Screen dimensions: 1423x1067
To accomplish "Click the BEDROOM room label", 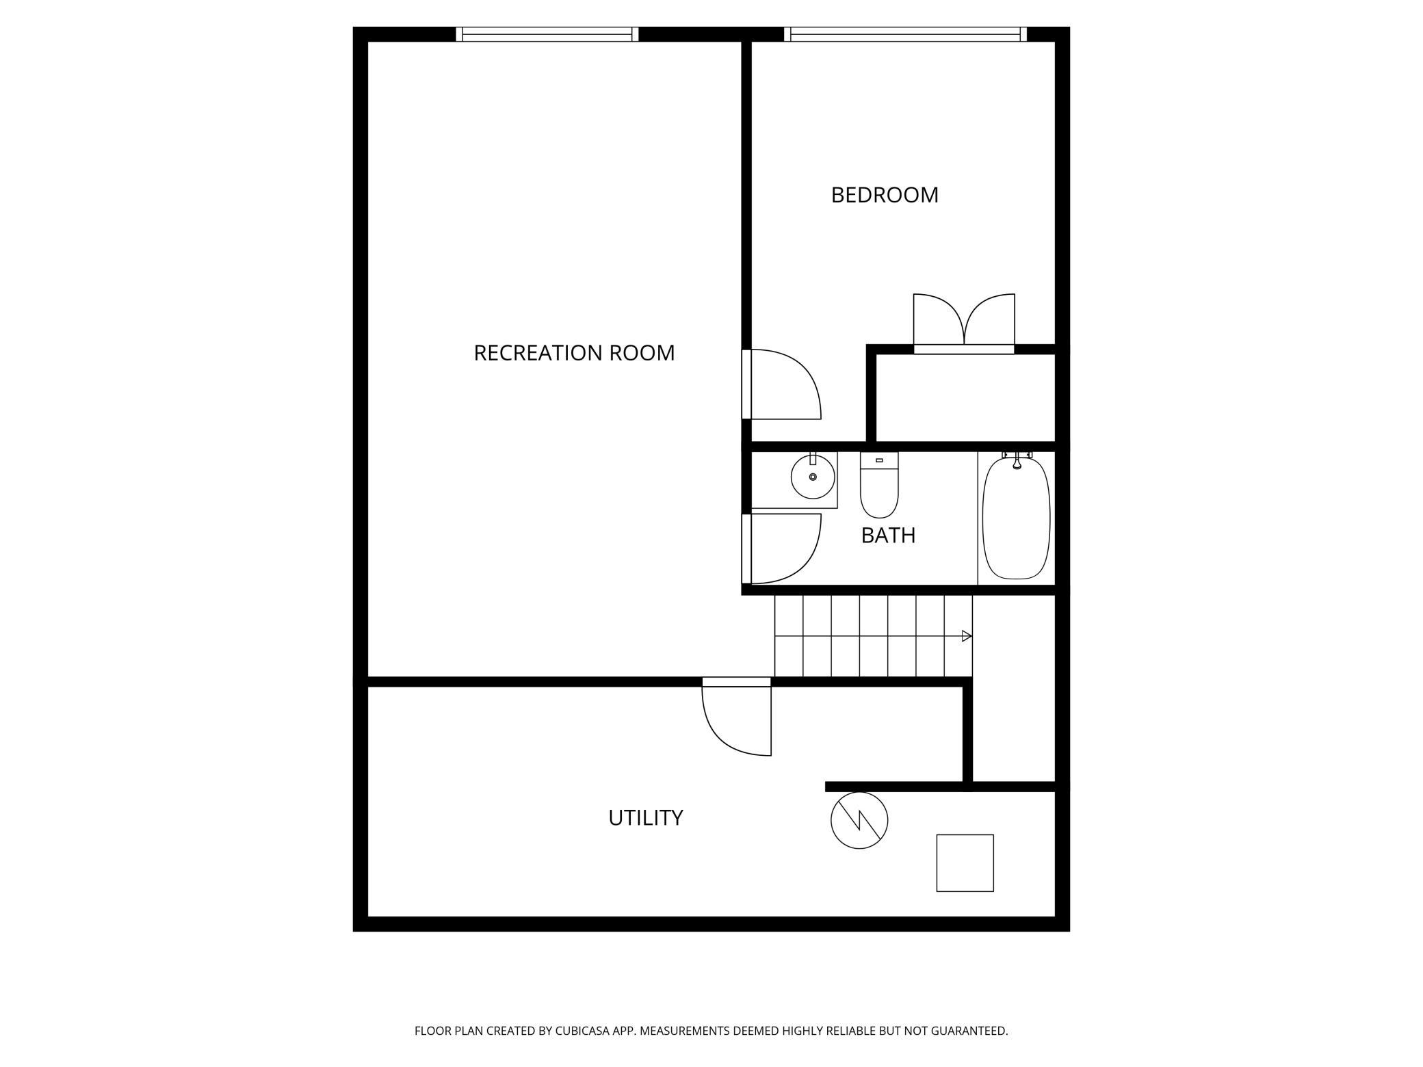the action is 885,195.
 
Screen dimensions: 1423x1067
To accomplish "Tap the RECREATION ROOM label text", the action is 574,353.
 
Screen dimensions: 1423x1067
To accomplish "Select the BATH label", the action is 888,535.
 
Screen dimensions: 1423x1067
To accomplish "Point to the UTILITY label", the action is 646,817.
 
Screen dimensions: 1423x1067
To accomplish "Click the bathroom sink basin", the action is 813,477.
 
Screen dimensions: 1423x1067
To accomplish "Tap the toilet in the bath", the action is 879,485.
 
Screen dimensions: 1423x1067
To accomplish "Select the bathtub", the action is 1016,518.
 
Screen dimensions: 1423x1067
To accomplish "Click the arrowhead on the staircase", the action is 967,636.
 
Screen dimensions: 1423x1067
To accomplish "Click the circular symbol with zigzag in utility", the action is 859,821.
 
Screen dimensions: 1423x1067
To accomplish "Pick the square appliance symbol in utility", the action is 965,863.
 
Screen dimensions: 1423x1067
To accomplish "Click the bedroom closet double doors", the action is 964,321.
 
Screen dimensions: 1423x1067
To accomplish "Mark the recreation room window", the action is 547,34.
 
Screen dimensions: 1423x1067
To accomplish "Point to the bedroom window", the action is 905,34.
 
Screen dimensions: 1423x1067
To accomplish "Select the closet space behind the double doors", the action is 965,398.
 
